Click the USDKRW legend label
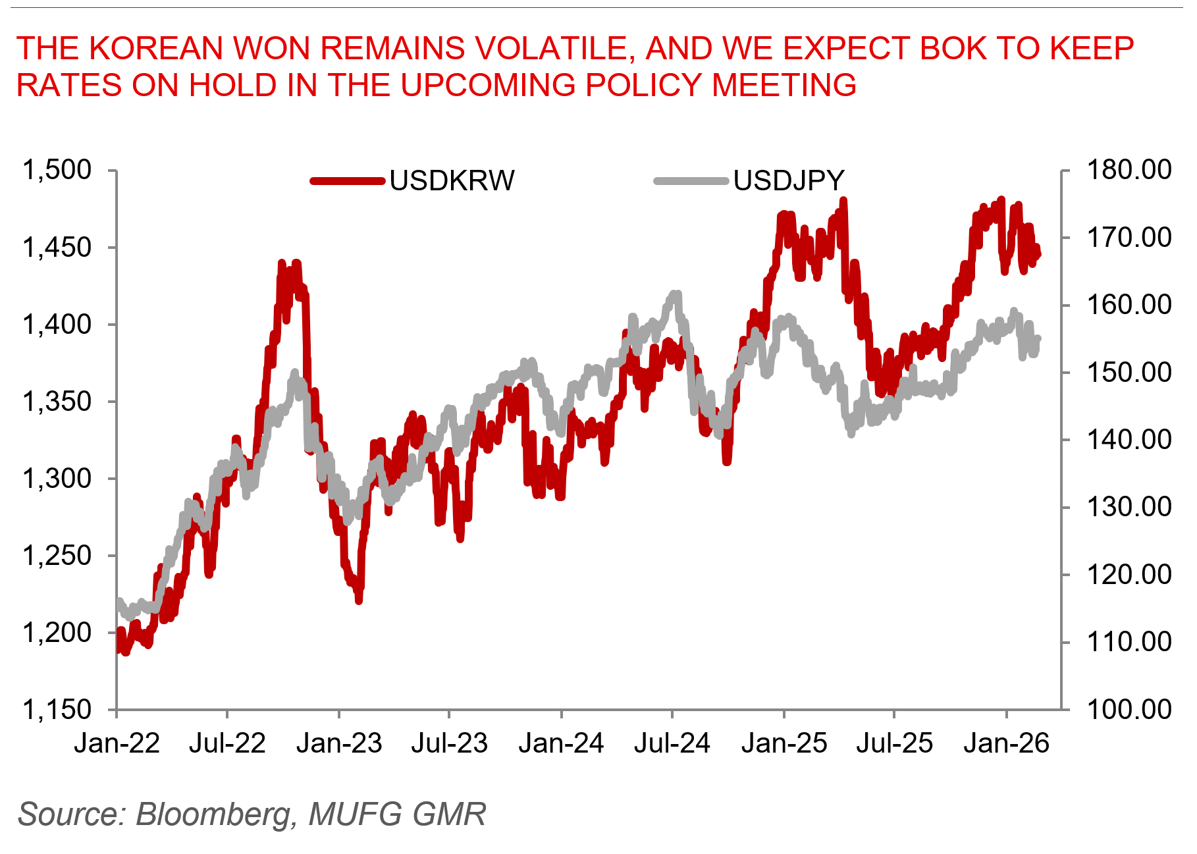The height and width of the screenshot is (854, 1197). (x=452, y=181)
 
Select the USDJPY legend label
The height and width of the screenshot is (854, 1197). (x=788, y=181)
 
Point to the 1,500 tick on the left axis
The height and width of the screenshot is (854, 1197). (x=57, y=170)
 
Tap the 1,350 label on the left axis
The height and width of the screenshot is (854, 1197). (x=57, y=401)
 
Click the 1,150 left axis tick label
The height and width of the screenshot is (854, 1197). (x=57, y=710)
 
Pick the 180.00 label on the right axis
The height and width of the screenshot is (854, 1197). (x=1129, y=170)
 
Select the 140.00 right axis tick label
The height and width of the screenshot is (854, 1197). (x=1129, y=439)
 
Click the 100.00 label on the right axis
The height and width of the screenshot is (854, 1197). (x=1129, y=710)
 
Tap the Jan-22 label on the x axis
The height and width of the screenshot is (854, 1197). (x=117, y=743)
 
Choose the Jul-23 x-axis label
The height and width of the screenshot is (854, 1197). (x=449, y=743)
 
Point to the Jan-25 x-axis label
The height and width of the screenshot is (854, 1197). (x=784, y=743)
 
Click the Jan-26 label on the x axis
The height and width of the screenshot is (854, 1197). (x=1006, y=743)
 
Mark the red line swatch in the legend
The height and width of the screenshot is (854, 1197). (x=347, y=181)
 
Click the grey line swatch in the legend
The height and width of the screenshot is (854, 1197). (x=691, y=181)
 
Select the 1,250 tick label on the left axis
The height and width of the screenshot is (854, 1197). (x=57, y=556)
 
